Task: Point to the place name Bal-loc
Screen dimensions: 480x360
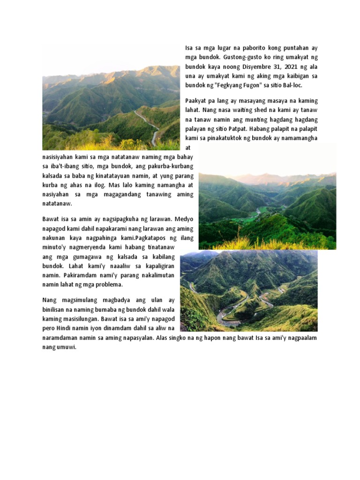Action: pos(293,86)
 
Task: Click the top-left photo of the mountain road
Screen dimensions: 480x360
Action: pos(111,107)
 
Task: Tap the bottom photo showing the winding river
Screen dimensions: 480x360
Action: pos(248,291)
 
